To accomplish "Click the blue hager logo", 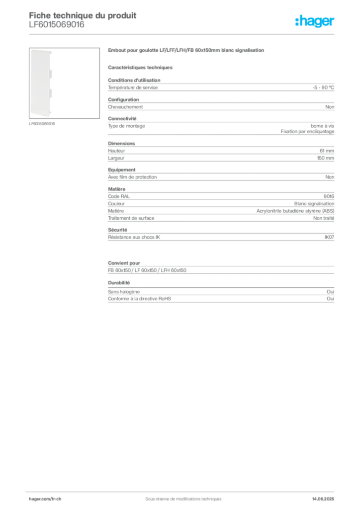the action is (x=315, y=21).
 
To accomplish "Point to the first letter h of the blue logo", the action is (x=298, y=21).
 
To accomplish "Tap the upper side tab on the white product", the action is (x=53, y=73).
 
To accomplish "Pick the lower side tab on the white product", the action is (x=53, y=93).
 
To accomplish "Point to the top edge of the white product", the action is (x=42, y=50).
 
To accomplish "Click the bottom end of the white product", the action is (x=42, y=117).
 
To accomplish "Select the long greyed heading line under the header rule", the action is (x=186, y=51).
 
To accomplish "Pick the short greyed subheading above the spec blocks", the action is (x=141, y=67).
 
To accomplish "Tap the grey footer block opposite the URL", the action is (x=326, y=496).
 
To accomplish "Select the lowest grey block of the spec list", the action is (x=220, y=300).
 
